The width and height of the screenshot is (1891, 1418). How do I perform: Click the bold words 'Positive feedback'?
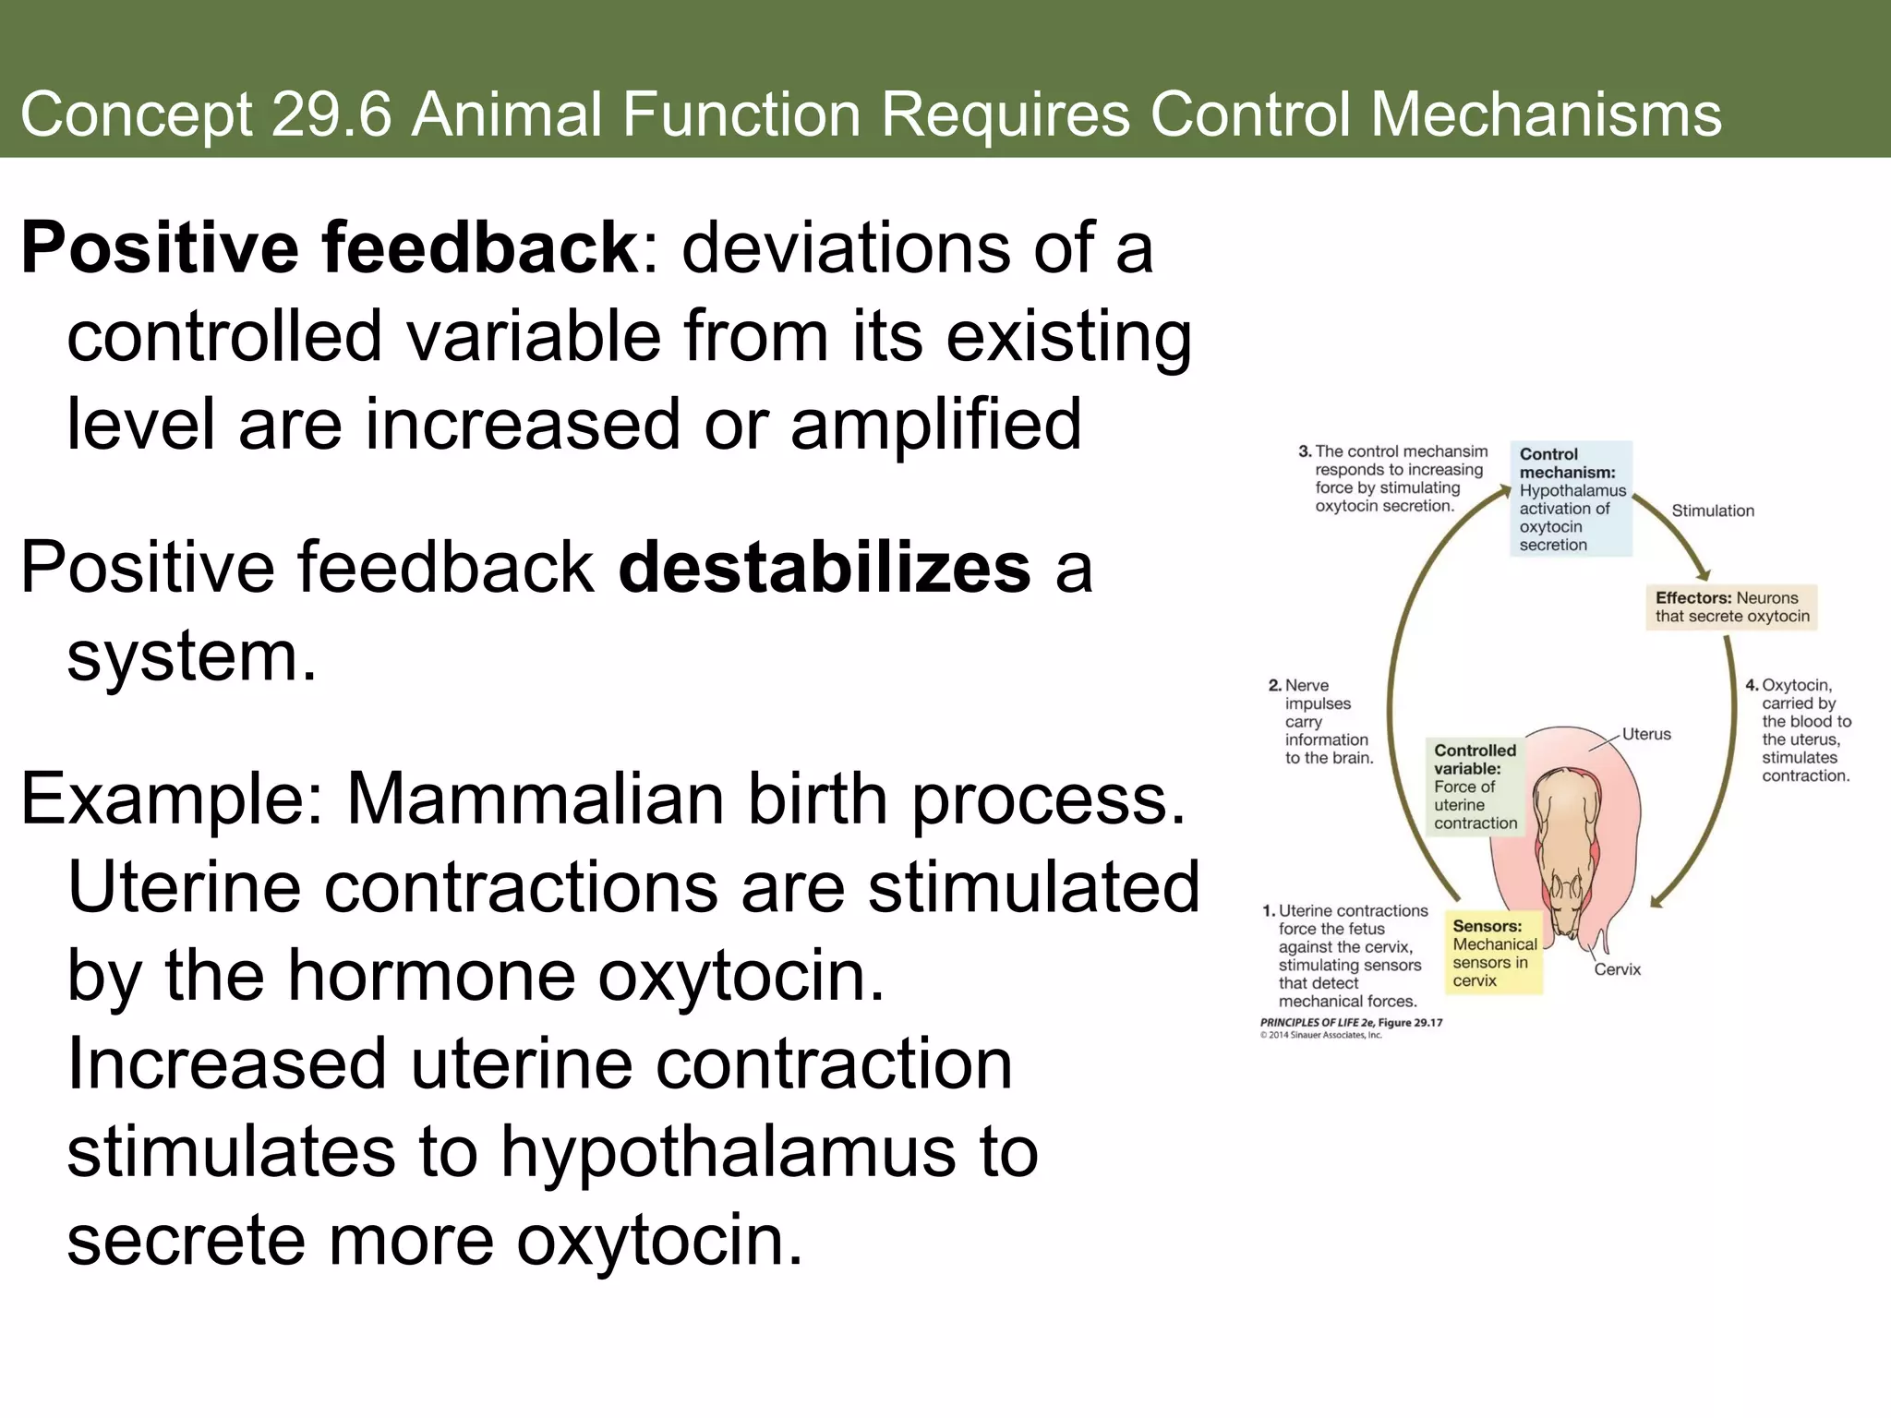point(328,249)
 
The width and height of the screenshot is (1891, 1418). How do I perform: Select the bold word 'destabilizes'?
point(824,568)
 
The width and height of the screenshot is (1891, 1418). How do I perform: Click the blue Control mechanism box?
point(1571,499)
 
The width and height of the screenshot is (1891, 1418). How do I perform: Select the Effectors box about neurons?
point(1731,607)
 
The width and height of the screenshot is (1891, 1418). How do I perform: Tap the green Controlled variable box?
point(1475,787)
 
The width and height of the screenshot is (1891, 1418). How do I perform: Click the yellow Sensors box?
point(1493,953)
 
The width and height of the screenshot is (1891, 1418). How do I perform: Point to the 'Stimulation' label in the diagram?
point(1712,511)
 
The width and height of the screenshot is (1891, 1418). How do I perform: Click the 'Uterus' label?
point(1646,734)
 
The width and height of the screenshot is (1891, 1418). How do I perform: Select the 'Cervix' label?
point(1617,969)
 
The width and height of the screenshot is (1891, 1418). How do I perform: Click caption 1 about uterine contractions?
point(1344,955)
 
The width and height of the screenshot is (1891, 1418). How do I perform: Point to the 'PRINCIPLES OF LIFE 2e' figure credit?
point(1350,1023)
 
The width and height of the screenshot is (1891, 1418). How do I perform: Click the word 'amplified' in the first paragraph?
point(935,425)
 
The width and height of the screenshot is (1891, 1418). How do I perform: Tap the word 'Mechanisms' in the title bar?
point(1546,115)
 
